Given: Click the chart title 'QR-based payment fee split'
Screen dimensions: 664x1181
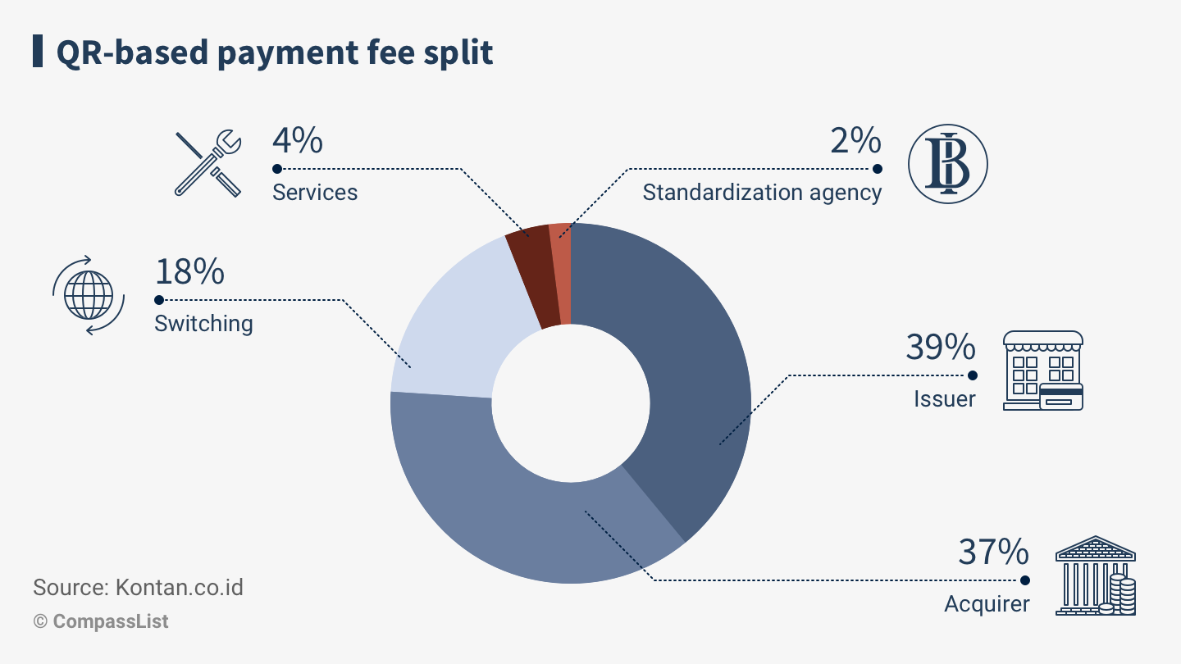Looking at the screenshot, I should point(274,52).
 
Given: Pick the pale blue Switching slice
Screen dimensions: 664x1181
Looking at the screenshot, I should point(451,328).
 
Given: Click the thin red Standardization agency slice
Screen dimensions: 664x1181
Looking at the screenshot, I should point(560,271).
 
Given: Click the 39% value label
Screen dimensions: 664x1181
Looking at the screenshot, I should point(941,347).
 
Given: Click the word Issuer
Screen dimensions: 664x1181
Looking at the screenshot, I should point(945,399).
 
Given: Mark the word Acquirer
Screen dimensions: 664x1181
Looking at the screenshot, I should point(987,604).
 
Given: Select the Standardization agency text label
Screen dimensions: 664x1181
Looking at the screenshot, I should point(762,193).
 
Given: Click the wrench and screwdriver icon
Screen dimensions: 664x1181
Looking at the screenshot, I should point(209,163).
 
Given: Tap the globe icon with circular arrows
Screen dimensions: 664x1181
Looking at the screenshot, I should point(89,295).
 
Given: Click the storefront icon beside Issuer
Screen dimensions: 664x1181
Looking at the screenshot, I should point(1043,371).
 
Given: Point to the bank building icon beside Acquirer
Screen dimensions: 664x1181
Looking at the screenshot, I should point(1096,575).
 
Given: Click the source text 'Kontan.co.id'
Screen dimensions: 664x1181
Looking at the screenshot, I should point(180,588).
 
